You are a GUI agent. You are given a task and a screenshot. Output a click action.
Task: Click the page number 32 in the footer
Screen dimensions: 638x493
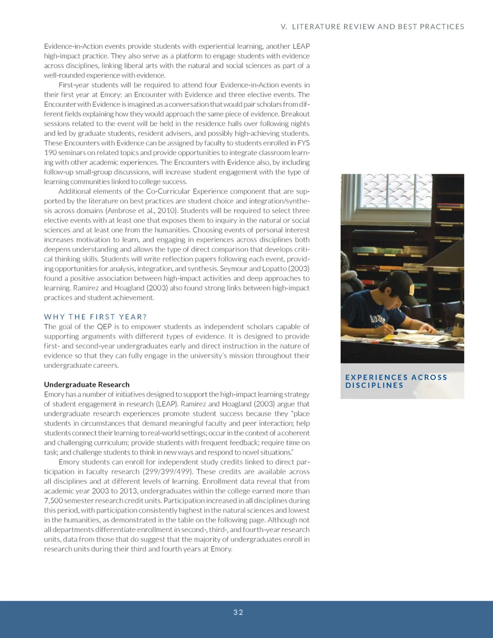click(x=238, y=612)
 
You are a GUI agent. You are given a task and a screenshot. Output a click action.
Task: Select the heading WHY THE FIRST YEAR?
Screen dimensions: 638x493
click(x=96, y=317)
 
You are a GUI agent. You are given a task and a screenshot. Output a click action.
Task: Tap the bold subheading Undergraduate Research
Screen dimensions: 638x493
click(x=86, y=384)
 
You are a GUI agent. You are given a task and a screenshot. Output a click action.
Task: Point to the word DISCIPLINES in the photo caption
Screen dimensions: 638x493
click(x=374, y=385)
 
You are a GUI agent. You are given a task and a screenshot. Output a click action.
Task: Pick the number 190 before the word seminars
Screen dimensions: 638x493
click(x=50, y=153)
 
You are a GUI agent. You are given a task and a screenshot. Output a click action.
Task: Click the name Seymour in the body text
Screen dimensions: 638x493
click(x=234, y=269)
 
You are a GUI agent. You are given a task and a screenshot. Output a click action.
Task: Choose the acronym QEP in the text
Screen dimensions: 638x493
click(x=108, y=327)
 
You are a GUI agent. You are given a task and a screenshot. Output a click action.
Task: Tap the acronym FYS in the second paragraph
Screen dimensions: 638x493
click(x=303, y=143)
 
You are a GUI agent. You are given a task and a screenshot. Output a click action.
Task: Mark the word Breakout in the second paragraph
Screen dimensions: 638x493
click(x=295, y=114)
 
